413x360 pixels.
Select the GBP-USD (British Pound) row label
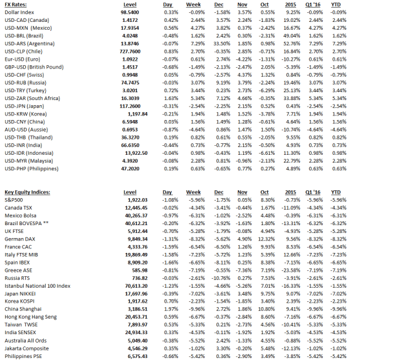tap(34, 66)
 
